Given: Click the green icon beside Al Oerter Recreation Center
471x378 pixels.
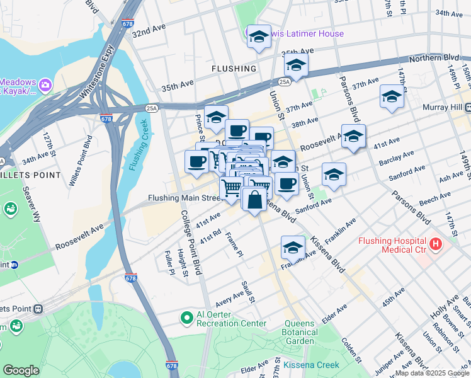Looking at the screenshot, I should click(186, 318).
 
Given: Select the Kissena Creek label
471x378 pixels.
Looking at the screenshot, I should click(311, 365).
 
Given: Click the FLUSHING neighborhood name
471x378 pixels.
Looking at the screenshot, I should click(234, 68).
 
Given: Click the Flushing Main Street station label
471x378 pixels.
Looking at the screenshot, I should click(183, 198).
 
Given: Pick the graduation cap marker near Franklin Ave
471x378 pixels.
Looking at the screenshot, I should click(293, 247).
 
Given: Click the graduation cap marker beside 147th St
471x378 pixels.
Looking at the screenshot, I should click(392, 97).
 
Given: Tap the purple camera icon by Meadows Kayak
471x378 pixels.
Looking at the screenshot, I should click(45, 84).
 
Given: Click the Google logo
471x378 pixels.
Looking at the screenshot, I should click(21, 370).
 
